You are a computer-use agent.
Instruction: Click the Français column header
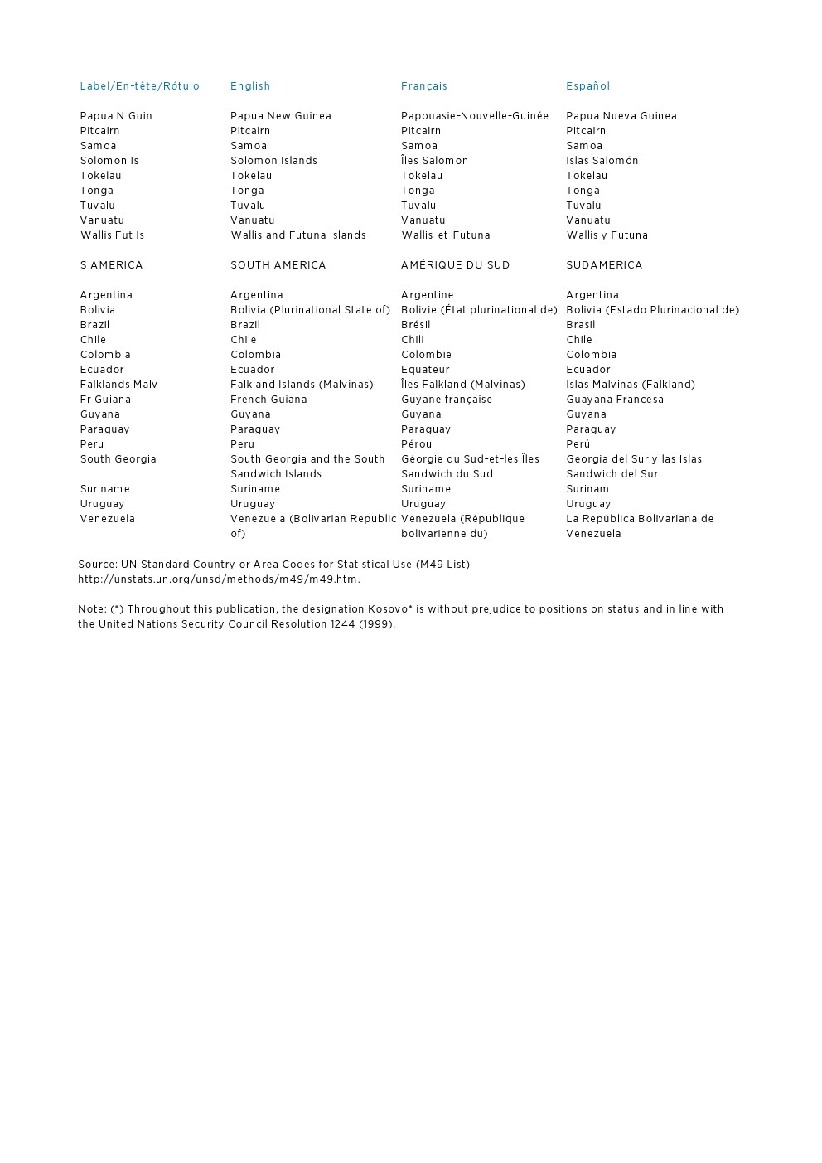[423, 86]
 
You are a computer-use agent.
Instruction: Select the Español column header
[587, 86]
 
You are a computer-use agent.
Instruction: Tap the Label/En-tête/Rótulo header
[139, 86]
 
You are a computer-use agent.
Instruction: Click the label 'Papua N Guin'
[116, 116]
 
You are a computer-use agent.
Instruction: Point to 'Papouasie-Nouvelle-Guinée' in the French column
[474, 116]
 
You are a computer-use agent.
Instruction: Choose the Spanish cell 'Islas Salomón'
[602, 161]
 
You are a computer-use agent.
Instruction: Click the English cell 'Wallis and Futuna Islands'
[297, 235]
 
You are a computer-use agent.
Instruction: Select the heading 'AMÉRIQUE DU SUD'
[455, 265]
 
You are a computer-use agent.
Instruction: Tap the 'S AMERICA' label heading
[111, 265]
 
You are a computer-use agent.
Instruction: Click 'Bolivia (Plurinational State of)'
[310, 310]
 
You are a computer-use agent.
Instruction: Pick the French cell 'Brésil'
[415, 325]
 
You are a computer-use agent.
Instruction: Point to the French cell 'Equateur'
[425, 370]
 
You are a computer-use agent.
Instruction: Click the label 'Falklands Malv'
[118, 385]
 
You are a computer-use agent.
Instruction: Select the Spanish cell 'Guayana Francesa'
[614, 400]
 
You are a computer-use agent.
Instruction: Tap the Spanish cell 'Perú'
[578, 444]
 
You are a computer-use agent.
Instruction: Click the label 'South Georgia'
[118, 459]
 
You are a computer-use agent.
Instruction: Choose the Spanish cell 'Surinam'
[587, 489]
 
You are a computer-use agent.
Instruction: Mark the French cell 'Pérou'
[416, 444]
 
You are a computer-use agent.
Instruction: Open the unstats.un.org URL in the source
[219, 579]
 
